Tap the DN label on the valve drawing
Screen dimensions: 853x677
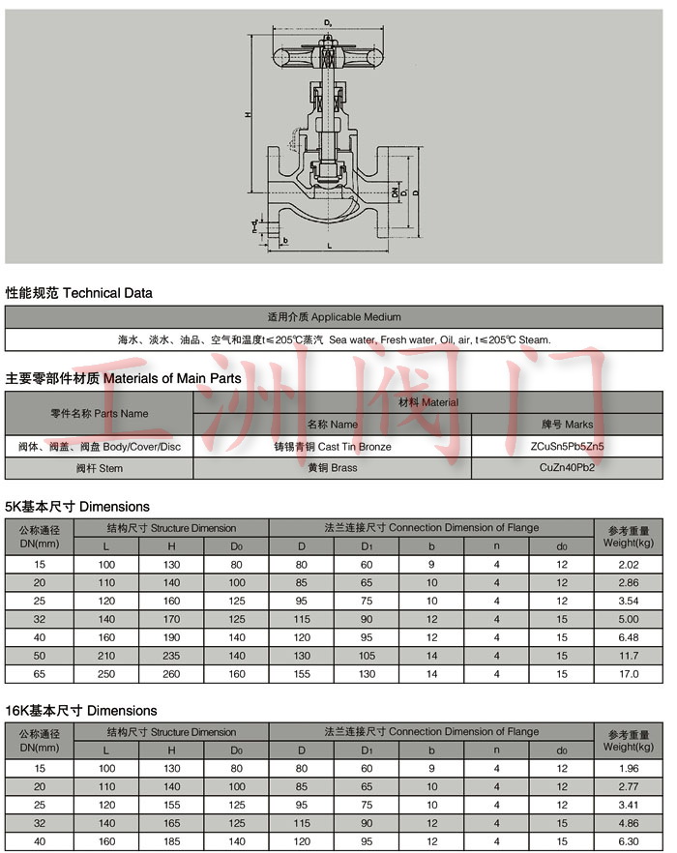point(396,192)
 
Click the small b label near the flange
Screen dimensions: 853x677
point(287,238)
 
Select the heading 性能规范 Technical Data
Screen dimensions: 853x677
point(79,292)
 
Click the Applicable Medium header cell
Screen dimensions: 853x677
point(334,316)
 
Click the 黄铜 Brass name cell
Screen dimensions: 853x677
point(333,468)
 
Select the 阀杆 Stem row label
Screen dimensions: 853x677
point(100,468)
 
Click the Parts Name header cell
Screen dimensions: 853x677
point(100,413)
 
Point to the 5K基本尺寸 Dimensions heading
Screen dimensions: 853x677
point(77,506)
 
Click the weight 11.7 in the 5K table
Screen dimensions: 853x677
point(629,655)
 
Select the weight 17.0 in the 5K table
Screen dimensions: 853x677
point(629,673)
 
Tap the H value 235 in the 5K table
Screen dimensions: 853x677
point(171,655)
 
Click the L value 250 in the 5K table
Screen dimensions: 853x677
point(106,673)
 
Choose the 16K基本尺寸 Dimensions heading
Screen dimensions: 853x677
point(81,711)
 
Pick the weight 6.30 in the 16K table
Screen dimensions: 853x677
point(629,841)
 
